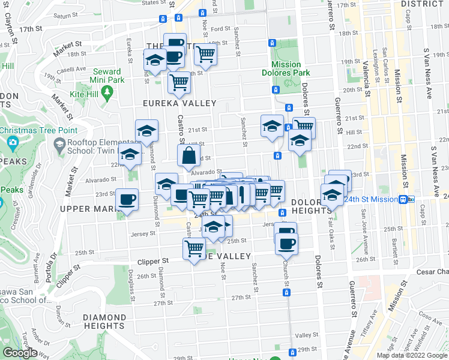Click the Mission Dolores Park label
pos(286,69)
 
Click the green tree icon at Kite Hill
pos(107,92)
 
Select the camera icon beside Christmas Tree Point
pos(13,143)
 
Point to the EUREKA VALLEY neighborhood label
pos(179,103)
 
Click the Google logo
pos(20,353)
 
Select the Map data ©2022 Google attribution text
pos(412,355)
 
